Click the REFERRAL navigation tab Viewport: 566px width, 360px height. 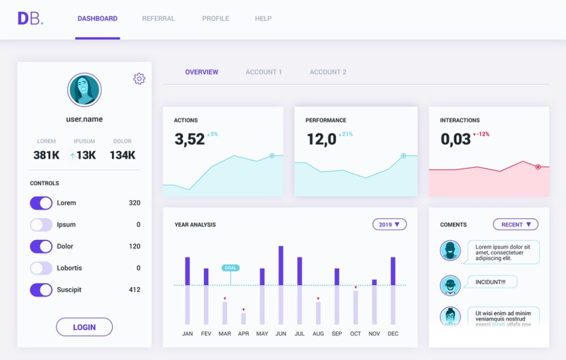pos(158,19)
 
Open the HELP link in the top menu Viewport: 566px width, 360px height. pos(263,19)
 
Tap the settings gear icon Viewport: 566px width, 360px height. pos(140,79)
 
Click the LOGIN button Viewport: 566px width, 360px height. pos(84,327)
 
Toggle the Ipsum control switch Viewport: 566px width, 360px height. pos(41,225)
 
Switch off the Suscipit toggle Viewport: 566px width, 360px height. pos(41,290)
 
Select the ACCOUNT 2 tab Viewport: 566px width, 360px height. pos(328,72)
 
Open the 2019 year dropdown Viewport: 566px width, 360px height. pos(389,225)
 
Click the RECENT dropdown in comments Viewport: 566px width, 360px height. pos(516,225)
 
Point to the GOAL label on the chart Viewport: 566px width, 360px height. pos(230,268)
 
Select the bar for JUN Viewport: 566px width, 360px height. pos(281,285)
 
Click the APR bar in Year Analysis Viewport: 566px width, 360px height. pos(243,318)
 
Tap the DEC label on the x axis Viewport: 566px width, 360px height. pos(393,334)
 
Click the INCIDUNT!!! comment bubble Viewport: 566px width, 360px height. pos(490,282)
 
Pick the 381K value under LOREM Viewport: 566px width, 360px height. pos(46,156)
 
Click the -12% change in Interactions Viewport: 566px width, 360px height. pos(481,134)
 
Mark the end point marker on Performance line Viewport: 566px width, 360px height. pos(403,156)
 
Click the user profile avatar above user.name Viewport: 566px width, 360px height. pos(84,90)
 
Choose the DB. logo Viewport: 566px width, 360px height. pos(30,19)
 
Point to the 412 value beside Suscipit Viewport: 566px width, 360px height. pos(134,290)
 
